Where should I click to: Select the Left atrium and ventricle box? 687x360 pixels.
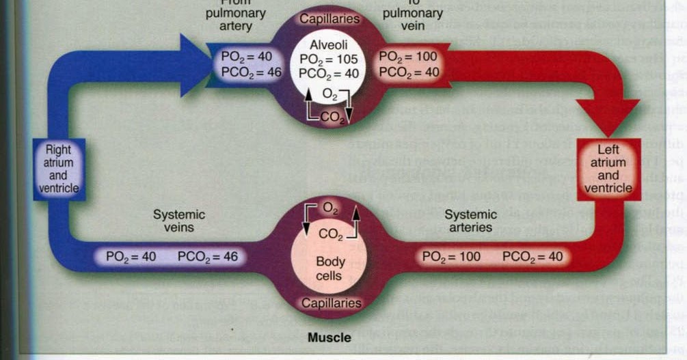(x=608, y=168)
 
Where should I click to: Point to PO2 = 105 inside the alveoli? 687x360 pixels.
(x=329, y=59)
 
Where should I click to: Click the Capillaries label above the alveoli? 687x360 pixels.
(x=329, y=18)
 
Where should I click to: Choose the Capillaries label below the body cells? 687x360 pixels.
(x=330, y=303)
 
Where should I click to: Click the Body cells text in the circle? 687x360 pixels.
(x=330, y=268)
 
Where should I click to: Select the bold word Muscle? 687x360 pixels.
(x=329, y=337)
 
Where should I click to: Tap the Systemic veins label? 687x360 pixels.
(x=178, y=221)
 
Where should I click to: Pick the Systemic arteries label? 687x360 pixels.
(x=471, y=221)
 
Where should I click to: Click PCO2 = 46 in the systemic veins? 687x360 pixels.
(x=208, y=258)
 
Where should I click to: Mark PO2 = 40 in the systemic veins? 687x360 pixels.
(x=131, y=258)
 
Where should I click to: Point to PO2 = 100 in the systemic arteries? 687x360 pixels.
(x=451, y=258)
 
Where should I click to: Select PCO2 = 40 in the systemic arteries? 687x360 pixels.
(x=533, y=258)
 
